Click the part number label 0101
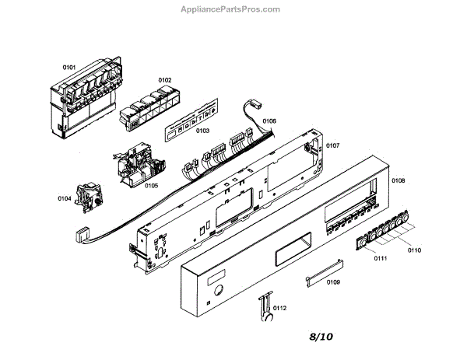(68, 68)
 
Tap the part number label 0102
(165, 80)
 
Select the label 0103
(202, 131)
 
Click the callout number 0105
(151, 186)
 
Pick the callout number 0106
(269, 121)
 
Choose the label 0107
(332, 145)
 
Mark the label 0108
(398, 181)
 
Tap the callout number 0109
(333, 281)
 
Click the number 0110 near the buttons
(413, 250)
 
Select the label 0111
(380, 257)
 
